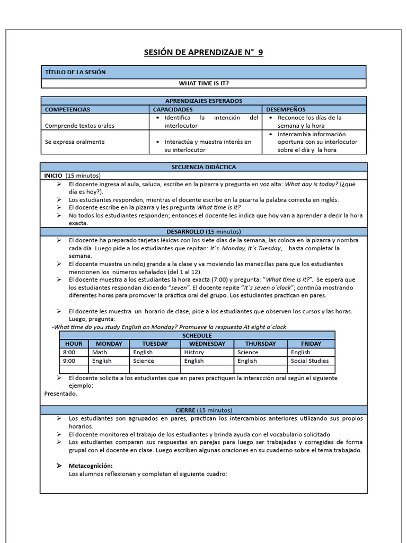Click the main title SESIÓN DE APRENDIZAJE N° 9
[x=203, y=52]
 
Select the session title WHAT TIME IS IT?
[x=203, y=83]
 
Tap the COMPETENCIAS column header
[x=67, y=109]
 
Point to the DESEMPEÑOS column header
[x=286, y=109]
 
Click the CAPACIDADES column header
[x=172, y=109]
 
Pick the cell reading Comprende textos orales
[x=79, y=126]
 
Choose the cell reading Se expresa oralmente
[x=75, y=142]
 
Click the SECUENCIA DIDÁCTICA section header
[x=203, y=167]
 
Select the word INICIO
[x=53, y=176]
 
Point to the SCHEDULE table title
[x=197, y=335]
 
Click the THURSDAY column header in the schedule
[x=260, y=344]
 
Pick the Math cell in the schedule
[x=100, y=352]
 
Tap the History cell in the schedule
[x=194, y=352]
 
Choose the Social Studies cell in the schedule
[x=309, y=361]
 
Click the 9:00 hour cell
[x=69, y=361]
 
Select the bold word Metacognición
[x=91, y=466]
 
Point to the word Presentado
[x=60, y=393]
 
